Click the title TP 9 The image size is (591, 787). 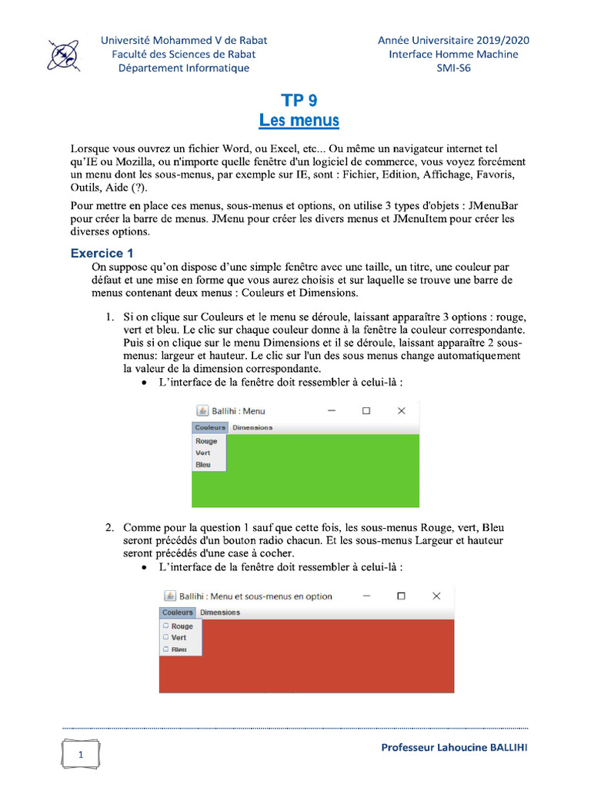pyautogui.click(x=299, y=100)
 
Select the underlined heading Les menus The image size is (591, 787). pyautogui.click(x=299, y=121)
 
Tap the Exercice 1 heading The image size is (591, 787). pyautogui.click(x=102, y=253)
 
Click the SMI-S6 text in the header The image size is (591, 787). pyautogui.click(x=453, y=68)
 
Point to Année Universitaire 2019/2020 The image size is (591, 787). pyautogui.click(x=453, y=40)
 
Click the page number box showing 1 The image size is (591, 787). pyautogui.click(x=81, y=755)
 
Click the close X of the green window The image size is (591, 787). pyautogui.click(x=401, y=411)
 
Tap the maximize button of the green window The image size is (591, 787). pyautogui.click(x=366, y=411)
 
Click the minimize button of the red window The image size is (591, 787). pyautogui.click(x=366, y=596)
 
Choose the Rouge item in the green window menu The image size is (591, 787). pyautogui.click(x=206, y=441)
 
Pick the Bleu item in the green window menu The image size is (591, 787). pyautogui.click(x=203, y=465)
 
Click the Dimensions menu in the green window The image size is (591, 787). pyautogui.click(x=252, y=427)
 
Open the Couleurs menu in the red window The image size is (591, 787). pyautogui.click(x=178, y=613)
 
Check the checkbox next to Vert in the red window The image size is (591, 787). pyautogui.click(x=165, y=637)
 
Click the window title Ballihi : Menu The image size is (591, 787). pyautogui.click(x=238, y=411)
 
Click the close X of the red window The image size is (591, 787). pyautogui.click(x=436, y=596)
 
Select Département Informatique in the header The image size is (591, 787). pyautogui.click(x=183, y=68)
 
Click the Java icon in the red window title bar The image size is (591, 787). pyautogui.click(x=169, y=596)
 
